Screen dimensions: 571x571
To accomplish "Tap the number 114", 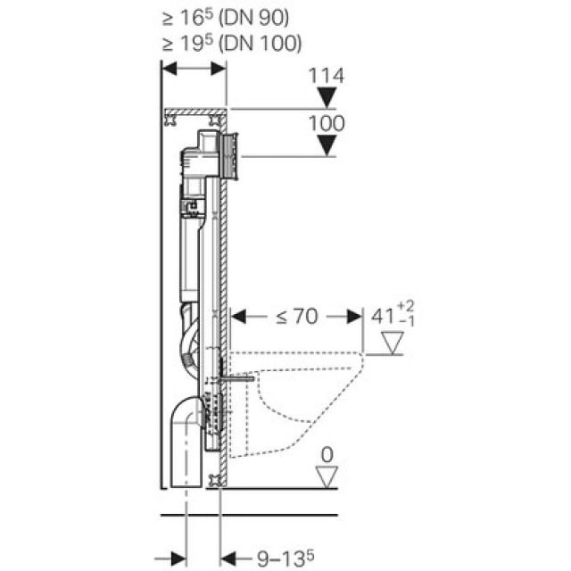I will coord(327,78).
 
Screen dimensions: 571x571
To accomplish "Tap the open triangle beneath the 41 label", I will coord(393,341).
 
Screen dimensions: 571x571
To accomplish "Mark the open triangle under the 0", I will coord(327,476).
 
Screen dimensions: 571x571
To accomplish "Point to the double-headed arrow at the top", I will coord(194,69).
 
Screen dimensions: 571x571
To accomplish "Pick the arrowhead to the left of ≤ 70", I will coord(238,316).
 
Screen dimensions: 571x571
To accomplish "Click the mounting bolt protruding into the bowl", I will coord(235,378).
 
